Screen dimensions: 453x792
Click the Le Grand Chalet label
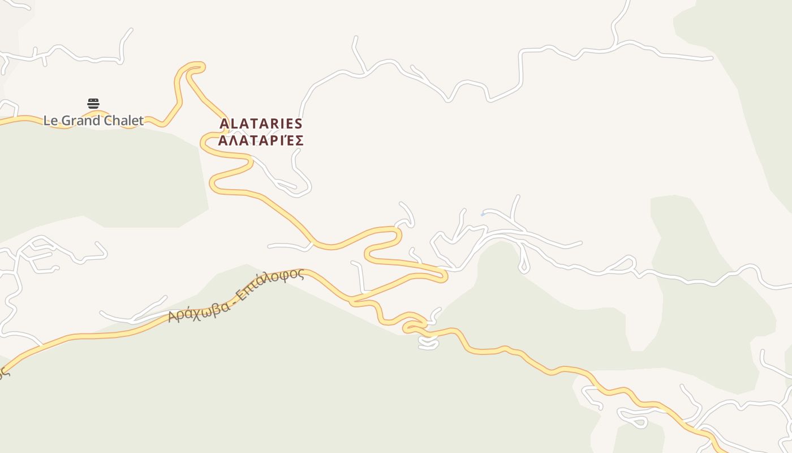tap(93, 121)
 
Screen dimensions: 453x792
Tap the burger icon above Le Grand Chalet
tap(93, 104)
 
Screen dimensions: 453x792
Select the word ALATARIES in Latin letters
tap(261, 124)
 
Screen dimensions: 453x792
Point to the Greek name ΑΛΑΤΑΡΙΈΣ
tap(261, 140)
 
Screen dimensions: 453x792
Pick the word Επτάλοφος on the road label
tap(270, 285)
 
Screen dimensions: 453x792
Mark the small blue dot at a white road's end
tap(482, 215)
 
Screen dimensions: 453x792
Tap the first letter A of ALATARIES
tap(224, 124)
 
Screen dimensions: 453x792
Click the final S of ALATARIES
tap(298, 124)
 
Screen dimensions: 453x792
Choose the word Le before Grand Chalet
tap(50, 121)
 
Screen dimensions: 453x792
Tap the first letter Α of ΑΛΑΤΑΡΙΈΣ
tap(223, 140)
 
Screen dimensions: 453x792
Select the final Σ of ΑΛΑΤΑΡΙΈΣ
tap(299, 140)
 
